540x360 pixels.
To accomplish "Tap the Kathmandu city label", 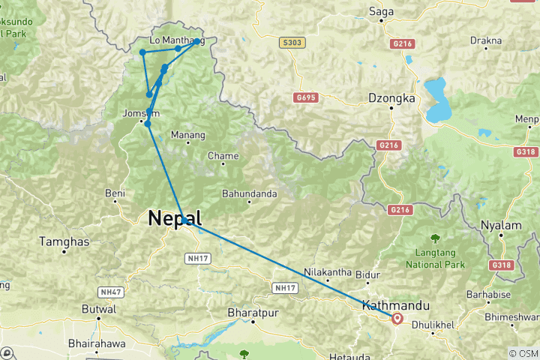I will [x=395, y=305].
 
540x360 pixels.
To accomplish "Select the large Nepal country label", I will [x=175, y=218].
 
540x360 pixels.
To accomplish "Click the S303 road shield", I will [x=292, y=43].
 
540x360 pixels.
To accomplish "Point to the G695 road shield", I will [x=306, y=97].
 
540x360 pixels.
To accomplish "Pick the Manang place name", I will [x=187, y=135].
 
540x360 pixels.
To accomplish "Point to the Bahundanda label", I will [x=250, y=193].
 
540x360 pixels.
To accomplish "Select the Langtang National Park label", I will [x=435, y=259].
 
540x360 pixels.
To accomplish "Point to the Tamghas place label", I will [x=66, y=241].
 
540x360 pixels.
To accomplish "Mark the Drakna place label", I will [x=484, y=40].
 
